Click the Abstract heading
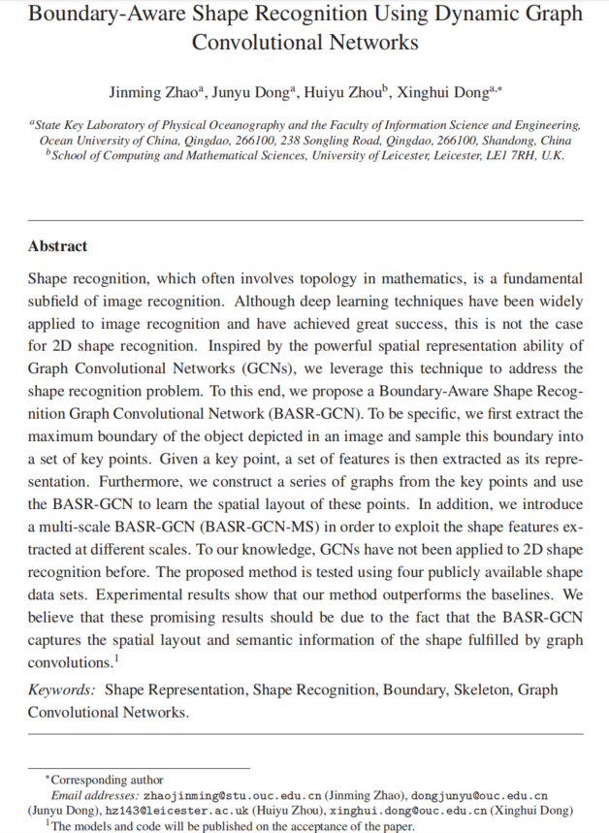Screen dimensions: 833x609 coord(57,246)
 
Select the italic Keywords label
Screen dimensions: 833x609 coord(60,689)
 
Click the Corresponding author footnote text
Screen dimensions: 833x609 coord(107,780)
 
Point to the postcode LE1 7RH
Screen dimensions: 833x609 coord(515,154)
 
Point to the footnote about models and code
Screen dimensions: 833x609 coord(233,826)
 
